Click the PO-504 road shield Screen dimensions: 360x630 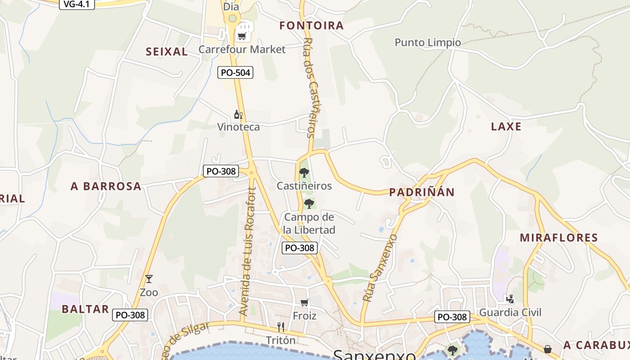pos(235,72)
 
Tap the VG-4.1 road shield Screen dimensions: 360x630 pos(76,4)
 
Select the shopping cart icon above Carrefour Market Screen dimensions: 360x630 pos(242,36)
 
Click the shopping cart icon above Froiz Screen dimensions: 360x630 pos(305,303)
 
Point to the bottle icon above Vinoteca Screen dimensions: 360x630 pos(238,115)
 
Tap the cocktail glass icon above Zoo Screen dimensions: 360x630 pos(149,279)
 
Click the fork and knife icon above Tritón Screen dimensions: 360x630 pos(281,327)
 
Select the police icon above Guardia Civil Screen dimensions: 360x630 pos(510,299)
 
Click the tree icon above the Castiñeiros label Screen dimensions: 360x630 pos(304,172)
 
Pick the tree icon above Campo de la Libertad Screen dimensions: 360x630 pos(309,204)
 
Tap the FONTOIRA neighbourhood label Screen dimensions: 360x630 pos(311,26)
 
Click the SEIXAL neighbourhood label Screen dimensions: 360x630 pos(166,52)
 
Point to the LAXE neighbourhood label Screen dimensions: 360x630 pos(506,126)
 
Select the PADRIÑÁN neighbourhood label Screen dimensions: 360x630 pos(422,192)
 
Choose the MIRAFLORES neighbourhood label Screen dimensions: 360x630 pos(559,238)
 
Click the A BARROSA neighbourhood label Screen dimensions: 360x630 pos(106,186)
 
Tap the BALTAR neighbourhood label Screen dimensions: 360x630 pos(85,309)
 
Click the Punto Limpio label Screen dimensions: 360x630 pos(428,43)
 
